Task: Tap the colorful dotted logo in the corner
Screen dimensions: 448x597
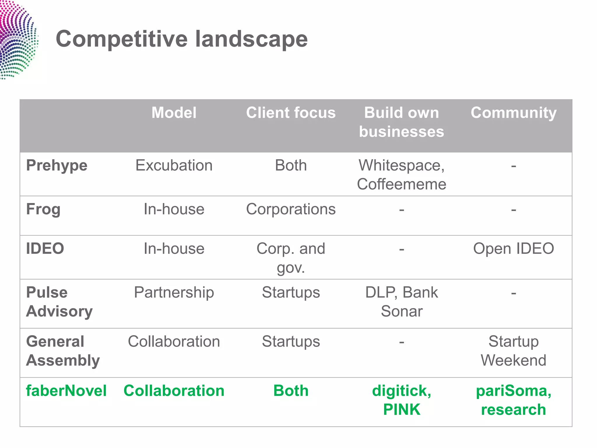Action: [17, 39]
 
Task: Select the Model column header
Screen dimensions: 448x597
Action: [174, 113]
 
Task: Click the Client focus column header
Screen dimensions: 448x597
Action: [291, 113]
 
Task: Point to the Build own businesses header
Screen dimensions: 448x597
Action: [401, 122]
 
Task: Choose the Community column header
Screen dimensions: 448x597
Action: [513, 113]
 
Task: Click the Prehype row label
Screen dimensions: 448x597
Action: [57, 165]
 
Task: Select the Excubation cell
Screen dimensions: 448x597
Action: [174, 165]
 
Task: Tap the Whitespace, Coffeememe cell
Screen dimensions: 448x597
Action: [401, 174]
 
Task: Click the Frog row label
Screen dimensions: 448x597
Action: [43, 209]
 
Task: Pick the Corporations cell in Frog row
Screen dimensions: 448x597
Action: [291, 209]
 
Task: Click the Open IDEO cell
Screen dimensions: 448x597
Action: [513, 249]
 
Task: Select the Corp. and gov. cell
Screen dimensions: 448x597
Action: [291, 258]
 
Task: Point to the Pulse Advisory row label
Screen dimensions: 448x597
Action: [59, 302]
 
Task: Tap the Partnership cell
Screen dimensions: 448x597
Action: [174, 292]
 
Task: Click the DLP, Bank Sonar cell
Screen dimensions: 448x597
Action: [401, 302]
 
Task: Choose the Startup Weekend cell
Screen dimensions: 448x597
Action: [513, 351]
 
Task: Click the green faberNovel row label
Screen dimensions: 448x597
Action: [66, 391]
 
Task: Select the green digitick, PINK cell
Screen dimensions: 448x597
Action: [401, 400]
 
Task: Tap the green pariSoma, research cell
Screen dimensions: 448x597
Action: [513, 400]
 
